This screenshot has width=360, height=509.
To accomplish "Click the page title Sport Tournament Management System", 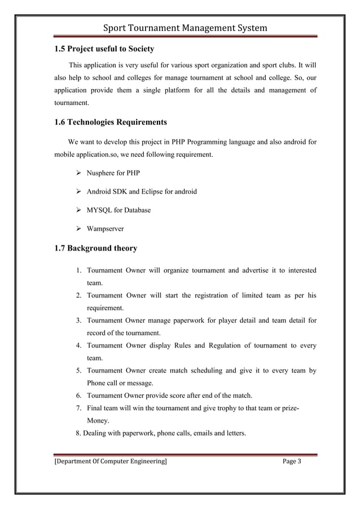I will point(180,28).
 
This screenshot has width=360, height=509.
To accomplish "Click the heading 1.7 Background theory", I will point(95,248).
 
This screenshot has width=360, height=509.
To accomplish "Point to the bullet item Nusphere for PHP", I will point(113,173).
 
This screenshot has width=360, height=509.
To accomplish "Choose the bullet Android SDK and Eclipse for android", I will point(142,191).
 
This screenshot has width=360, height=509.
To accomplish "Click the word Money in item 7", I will point(98,421).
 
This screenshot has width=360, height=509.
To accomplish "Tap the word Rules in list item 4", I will point(180,345).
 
